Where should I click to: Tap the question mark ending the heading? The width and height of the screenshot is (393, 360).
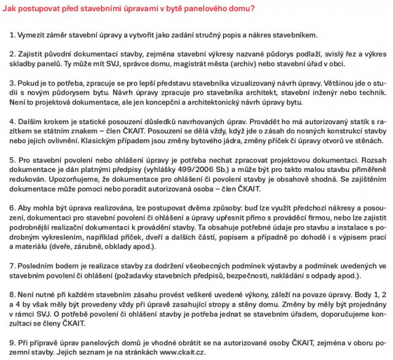tap(253, 9)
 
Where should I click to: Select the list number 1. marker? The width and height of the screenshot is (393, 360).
tap(13, 34)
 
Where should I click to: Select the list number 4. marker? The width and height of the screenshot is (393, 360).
tap(13, 121)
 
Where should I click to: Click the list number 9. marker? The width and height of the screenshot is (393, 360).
tap(13, 342)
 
